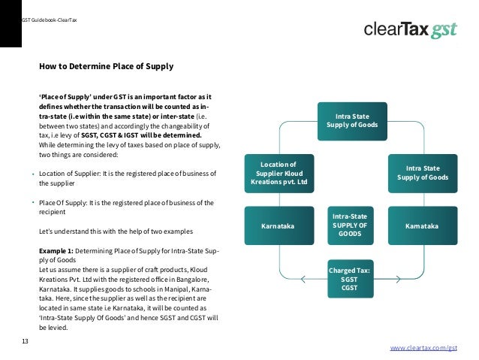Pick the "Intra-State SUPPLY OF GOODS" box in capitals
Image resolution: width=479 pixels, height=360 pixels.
tap(350, 225)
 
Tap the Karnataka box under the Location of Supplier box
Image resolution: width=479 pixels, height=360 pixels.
tap(278, 225)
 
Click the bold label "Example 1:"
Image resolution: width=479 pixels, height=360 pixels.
tap(56, 250)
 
